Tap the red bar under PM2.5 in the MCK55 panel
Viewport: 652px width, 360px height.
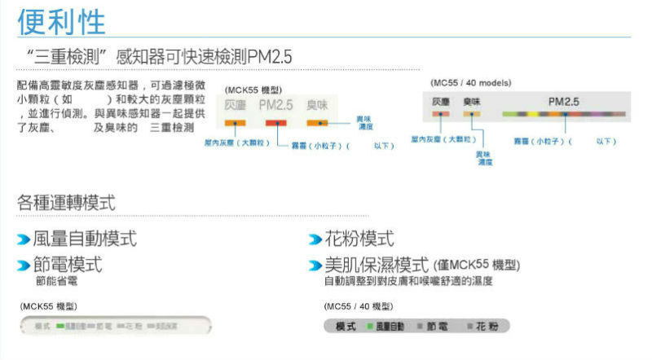(276, 122)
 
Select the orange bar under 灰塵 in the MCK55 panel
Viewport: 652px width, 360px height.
(236, 122)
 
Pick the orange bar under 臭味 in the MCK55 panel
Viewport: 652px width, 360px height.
(317, 122)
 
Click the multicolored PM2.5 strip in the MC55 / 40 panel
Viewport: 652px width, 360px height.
(563, 115)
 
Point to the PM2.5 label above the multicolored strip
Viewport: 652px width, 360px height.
(563, 102)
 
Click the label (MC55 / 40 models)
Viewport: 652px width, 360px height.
(470, 83)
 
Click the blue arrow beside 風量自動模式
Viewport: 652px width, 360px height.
(24, 239)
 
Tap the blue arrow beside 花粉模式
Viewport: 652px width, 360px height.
(315, 239)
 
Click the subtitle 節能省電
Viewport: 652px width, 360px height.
(55, 281)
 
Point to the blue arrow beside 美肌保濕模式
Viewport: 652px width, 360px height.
(315, 266)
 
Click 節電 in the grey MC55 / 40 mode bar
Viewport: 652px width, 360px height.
(435, 327)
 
